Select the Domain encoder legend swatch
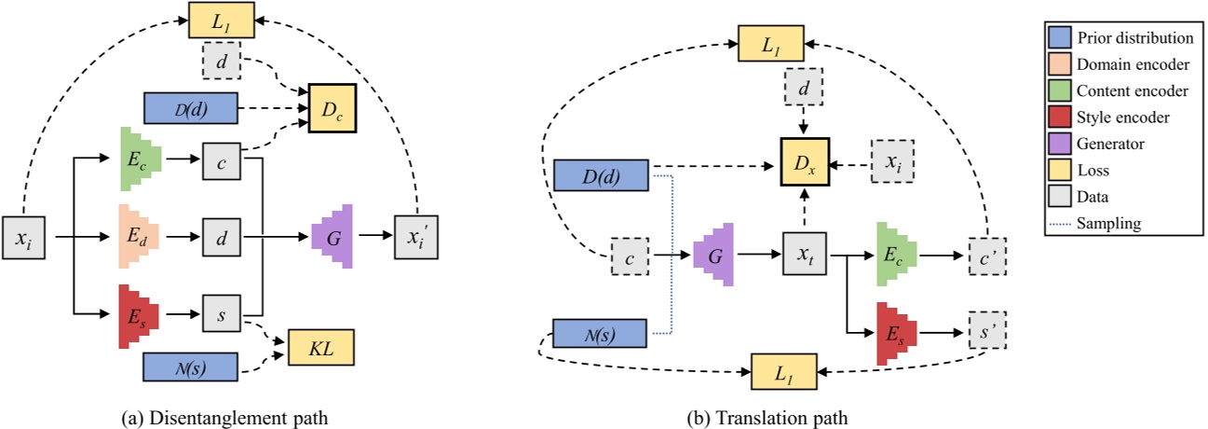(1057, 64)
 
